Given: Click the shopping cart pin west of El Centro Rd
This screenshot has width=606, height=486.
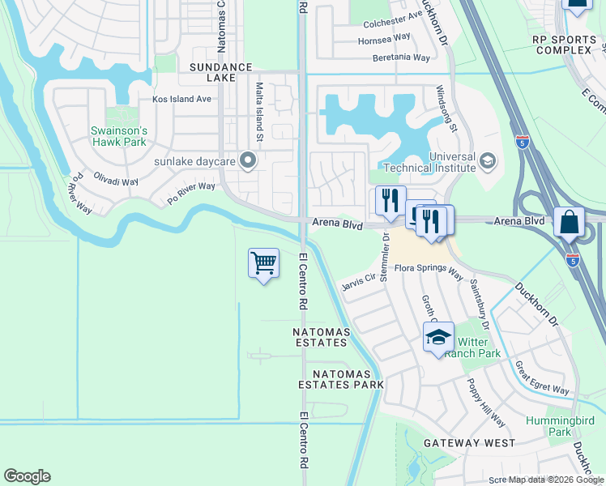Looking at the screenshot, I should (263, 264).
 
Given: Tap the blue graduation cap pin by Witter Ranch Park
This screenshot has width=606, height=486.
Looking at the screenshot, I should (437, 338).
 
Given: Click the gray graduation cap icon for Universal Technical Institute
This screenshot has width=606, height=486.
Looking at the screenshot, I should (487, 160).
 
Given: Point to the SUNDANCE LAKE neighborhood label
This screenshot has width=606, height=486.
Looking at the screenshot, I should (221, 73).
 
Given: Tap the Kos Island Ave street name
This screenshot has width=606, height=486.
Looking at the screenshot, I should (181, 99).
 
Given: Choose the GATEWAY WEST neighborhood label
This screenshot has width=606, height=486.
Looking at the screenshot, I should (470, 443).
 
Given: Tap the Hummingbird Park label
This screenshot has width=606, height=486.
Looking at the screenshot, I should (560, 426).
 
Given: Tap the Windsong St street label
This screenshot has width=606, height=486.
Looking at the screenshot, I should (447, 109).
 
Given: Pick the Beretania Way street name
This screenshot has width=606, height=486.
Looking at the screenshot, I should (401, 58).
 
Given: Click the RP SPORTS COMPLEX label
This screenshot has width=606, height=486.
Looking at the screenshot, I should (562, 45).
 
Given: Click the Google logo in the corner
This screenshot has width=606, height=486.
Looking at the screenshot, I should (27, 476).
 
